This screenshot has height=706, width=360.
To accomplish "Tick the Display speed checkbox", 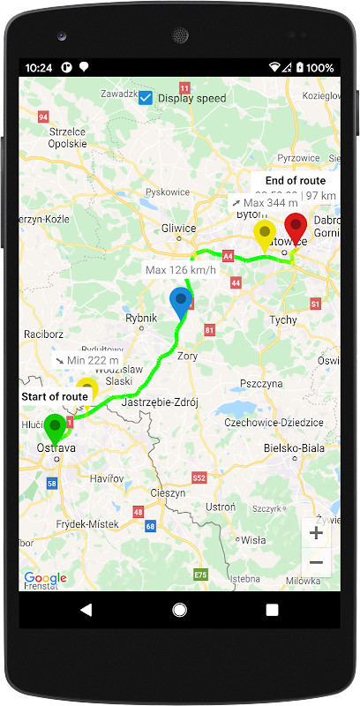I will tap(146, 98).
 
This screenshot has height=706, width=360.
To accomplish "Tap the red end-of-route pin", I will tap(295, 230).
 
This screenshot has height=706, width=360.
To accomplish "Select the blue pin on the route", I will tap(180, 302).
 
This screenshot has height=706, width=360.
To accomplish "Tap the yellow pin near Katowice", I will tap(264, 235).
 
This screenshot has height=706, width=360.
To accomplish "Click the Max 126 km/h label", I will tap(181, 269).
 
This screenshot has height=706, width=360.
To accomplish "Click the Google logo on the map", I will tap(45, 578).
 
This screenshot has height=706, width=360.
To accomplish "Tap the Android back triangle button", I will tap(86, 610).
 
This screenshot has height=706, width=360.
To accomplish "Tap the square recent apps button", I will tap(272, 610).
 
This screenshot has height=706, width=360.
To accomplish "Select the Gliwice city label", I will tap(179, 227).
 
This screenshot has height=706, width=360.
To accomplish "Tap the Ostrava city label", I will tap(56, 449).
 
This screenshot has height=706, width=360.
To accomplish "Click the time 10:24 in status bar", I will tap(39, 67).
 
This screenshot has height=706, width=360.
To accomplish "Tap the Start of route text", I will tap(55, 396).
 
